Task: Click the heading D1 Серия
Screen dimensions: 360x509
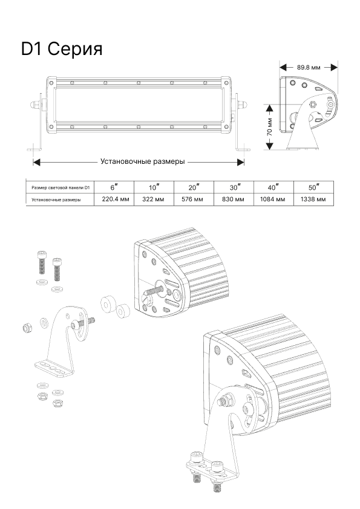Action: click(62, 50)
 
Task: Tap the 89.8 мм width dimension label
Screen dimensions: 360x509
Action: click(309, 68)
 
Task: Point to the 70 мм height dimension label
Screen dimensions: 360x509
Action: click(269, 127)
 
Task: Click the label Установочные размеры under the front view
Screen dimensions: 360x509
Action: click(142, 161)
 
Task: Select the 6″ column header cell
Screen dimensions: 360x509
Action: click(114, 187)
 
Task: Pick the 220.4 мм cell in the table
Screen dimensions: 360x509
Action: click(116, 199)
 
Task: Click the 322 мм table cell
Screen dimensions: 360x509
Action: click(153, 199)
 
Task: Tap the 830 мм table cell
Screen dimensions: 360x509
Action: click(233, 199)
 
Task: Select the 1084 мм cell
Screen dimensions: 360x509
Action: click(273, 199)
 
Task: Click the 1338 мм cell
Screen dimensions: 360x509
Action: click(313, 199)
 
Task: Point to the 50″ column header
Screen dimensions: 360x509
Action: click(314, 187)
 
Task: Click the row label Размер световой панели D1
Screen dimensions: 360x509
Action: click(61, 187)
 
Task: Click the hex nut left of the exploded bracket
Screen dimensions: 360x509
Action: click(27, 328)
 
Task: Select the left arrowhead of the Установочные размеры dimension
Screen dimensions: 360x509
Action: click(36, 162)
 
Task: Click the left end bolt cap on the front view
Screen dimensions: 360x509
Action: click(33, 105)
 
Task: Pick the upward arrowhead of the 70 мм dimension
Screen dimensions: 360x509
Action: click(269, 108)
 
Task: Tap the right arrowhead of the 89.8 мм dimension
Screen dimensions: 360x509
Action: click(335, 68)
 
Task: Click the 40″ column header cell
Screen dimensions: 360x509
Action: click(274, 187)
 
